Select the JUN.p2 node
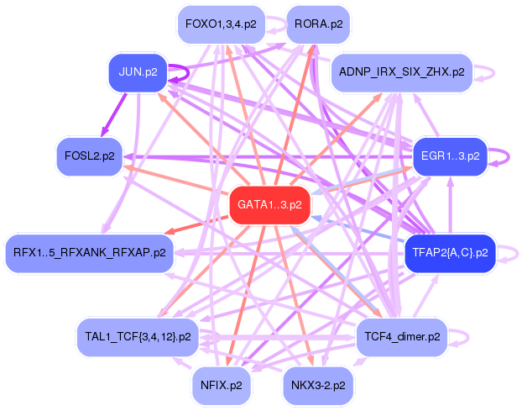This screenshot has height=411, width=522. click(138, 72)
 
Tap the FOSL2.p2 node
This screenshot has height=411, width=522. click(90, 156)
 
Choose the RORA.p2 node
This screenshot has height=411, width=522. click(318, 24)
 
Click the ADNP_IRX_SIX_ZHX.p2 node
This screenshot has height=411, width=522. click(401, 72)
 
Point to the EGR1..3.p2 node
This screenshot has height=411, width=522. click(450, 156)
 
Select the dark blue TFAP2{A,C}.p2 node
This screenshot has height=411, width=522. click(450, 253)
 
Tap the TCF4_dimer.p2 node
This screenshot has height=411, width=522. click(401, 337)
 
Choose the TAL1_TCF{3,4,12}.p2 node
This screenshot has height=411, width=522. click(138, 337)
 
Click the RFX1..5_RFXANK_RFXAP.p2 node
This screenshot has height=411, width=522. click(89, 253)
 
